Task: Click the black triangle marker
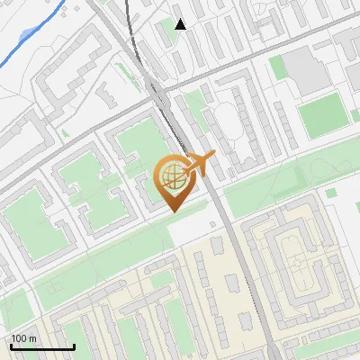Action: (181, 24)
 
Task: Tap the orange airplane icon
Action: (200, 164)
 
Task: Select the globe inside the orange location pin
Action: (171, 177)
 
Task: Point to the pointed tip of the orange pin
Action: (171, 211)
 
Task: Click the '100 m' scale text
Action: (23, 338)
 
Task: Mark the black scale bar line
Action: (41, 346)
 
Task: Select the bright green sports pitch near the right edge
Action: (322, 116)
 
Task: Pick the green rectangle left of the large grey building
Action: (280, 67)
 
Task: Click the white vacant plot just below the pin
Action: (193, 230)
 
